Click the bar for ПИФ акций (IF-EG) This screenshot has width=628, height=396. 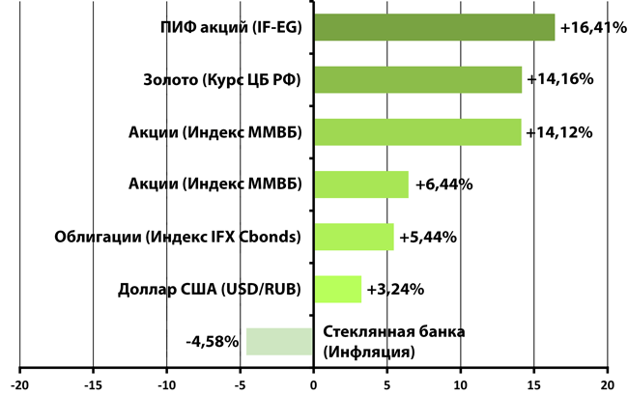click(434, 28)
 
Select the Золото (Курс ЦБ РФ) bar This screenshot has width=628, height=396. click(417, 80)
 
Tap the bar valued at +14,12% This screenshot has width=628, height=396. click(417, 132)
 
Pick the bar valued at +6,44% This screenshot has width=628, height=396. click(360, 184)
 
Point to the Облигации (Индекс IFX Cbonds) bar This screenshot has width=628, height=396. click(354, 237)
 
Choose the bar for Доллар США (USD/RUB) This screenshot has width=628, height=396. click(337, 289)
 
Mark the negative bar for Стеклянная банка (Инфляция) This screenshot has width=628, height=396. click(279, 342)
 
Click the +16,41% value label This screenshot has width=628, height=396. click(592, 28)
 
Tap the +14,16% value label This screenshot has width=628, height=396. click(559, 80)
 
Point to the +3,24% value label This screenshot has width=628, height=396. click(397, 289)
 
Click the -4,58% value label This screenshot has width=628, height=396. click(213, 342)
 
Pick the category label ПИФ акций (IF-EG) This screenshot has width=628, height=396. click(231, 28)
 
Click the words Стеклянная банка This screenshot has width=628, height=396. click(393, 332)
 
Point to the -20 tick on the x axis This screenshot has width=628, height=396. click(19, 383)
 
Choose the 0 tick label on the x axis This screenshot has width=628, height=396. click(313, 383)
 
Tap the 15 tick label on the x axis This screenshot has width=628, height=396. click(533, 383)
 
